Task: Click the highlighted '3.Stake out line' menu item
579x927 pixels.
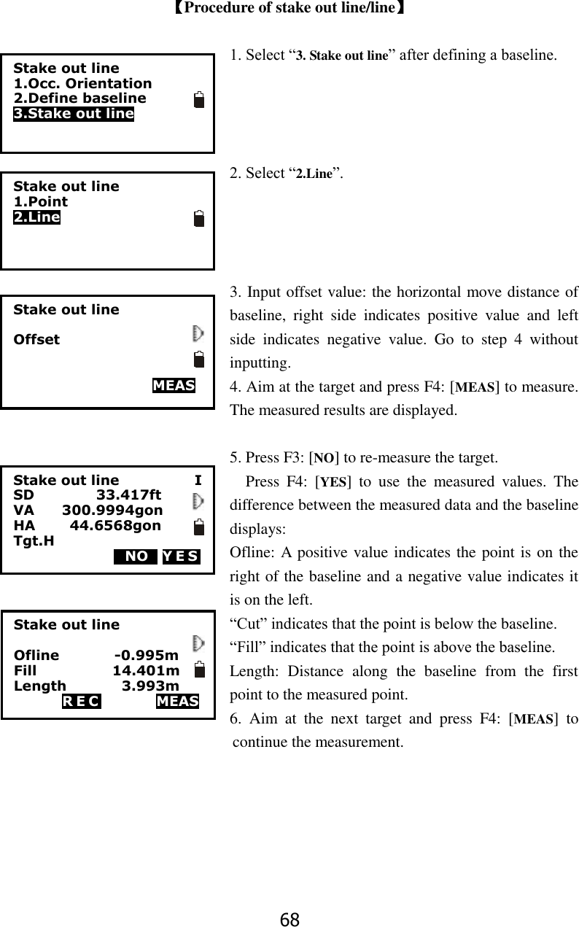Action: (x=74, y=114)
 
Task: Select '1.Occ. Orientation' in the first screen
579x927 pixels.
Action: (x=82, y=84)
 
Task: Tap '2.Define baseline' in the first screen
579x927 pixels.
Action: (x=79, y=98)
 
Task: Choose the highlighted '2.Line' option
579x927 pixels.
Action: (x=36, y=217)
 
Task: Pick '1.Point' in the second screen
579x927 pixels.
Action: (x=41, y=201)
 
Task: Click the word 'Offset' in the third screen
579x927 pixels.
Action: (x=36, y=340)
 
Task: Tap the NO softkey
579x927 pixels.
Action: (x=136, y=557)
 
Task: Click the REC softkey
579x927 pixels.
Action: (x=81, y=702)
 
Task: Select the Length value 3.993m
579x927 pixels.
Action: (x=150, y=686)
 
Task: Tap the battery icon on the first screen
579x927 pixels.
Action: (x=199, y=100)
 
